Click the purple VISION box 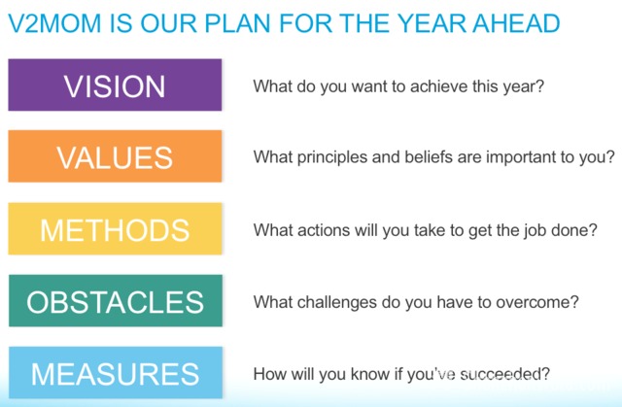(115, 85)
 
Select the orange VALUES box (115, 156)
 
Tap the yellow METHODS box (115, 228)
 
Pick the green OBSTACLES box (116, 301)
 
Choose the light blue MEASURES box (116, 373)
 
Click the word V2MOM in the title (54, 23)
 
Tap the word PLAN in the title (237, 23)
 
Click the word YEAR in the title (432, 23)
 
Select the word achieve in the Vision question (438, 86)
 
